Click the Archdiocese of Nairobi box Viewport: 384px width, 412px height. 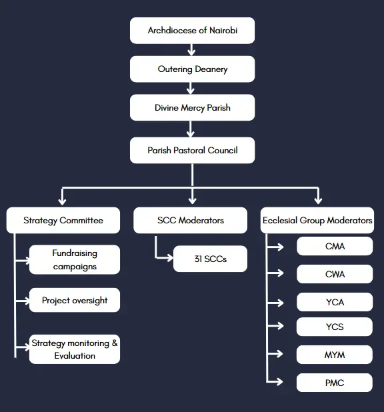coord(192,31)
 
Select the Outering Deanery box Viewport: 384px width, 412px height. coord(192,69)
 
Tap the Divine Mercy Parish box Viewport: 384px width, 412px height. coord(192,107)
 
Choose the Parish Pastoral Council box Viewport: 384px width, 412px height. coord(192,150)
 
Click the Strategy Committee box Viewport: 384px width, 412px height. coord(63,220)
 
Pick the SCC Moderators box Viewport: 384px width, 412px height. coord(190,220)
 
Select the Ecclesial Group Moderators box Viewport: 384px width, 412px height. coord(317,220)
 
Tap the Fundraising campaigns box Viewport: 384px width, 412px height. coord(75,259)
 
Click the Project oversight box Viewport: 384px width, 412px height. coord(75,300)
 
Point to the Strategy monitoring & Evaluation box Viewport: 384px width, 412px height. coord(75,349)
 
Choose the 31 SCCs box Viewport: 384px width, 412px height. coord(210,259)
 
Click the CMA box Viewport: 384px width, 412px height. coord(335,246)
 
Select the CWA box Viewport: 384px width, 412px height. coord(335,274)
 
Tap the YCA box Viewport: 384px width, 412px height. coord(335,302)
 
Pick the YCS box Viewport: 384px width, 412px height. coord(335,327)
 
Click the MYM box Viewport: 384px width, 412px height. coord(335,355)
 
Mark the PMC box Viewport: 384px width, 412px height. coord(335,383)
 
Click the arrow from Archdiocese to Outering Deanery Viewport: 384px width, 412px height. coord(191,49)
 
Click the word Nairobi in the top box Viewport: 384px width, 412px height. coord(223,31)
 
